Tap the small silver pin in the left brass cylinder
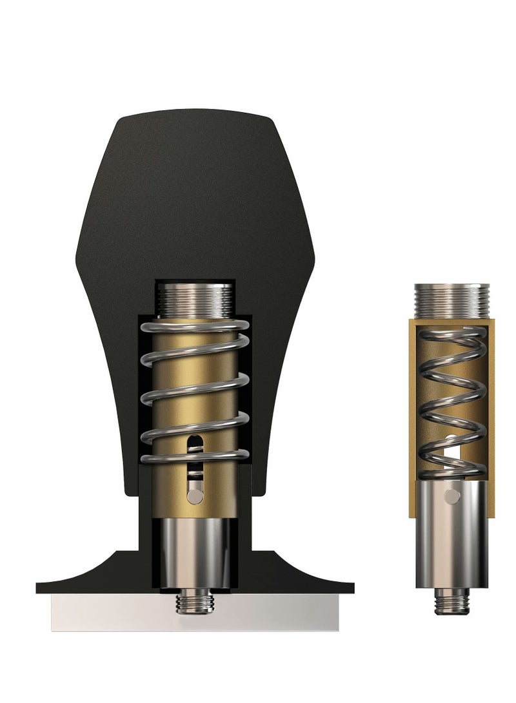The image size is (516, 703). click(194, 494)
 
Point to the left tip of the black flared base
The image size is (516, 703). click(40, 588)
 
